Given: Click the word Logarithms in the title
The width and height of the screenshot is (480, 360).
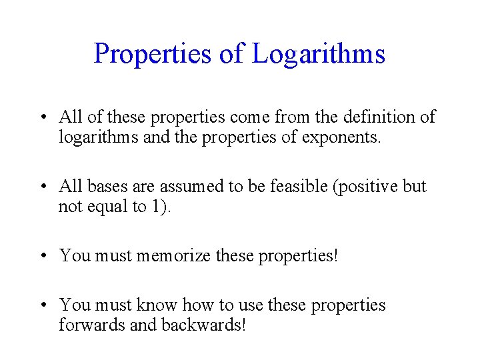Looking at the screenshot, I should click(318, 54).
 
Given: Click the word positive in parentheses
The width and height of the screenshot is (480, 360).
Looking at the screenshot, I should click(366, 186).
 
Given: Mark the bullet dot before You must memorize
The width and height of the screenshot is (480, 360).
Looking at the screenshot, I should click(43, 255).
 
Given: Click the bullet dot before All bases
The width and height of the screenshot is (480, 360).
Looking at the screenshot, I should click(43, 186).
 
